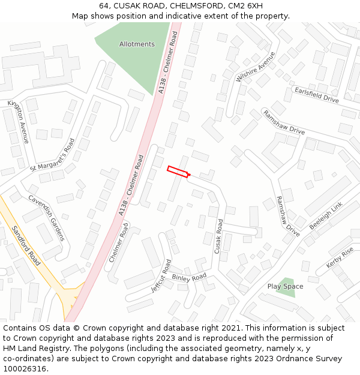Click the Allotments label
137,44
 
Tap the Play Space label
285,286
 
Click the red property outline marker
178,172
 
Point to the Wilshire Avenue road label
255,67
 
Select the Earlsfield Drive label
316,94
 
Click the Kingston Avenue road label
18,121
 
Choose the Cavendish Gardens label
46,217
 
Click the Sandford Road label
26,245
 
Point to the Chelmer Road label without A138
119,242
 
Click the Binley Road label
189,277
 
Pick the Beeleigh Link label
325,216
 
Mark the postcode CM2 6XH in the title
244,5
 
